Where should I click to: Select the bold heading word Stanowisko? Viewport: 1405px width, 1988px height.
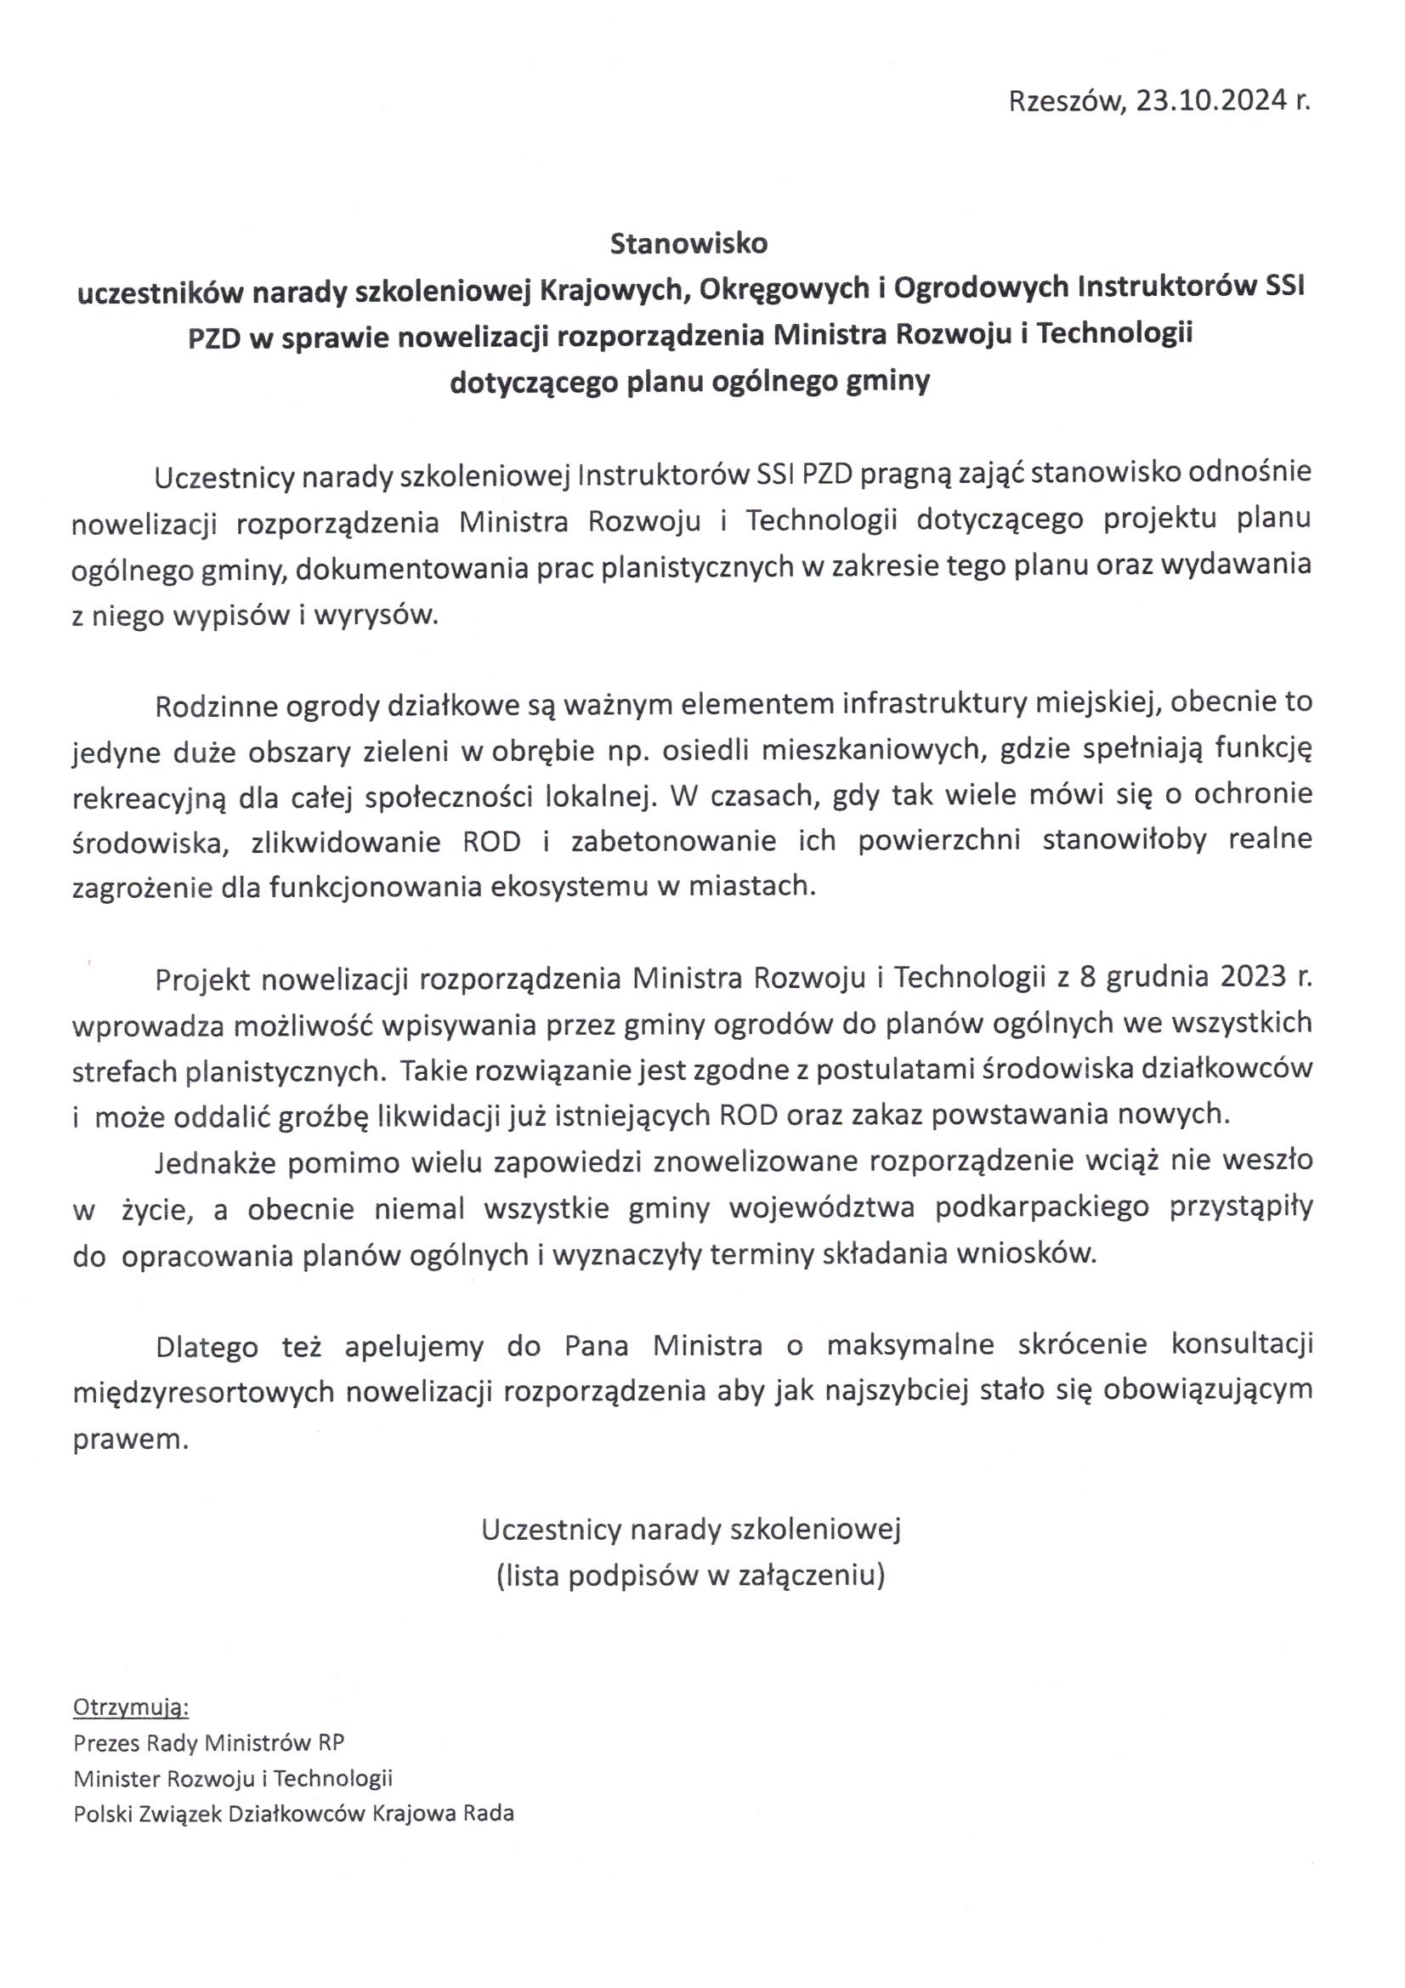coord(688,244)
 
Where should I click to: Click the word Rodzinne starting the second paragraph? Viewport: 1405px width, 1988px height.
coord(209,705)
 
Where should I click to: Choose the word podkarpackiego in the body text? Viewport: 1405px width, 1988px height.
coord(1042,1209)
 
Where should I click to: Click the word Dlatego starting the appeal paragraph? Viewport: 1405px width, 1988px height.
coord(207,1346)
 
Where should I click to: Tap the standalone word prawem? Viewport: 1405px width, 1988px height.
coord(131,1438)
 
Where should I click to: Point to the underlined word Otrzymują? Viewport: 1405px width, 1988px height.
coord(131,1707)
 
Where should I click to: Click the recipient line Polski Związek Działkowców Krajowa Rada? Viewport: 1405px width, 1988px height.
coord(293,1814)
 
